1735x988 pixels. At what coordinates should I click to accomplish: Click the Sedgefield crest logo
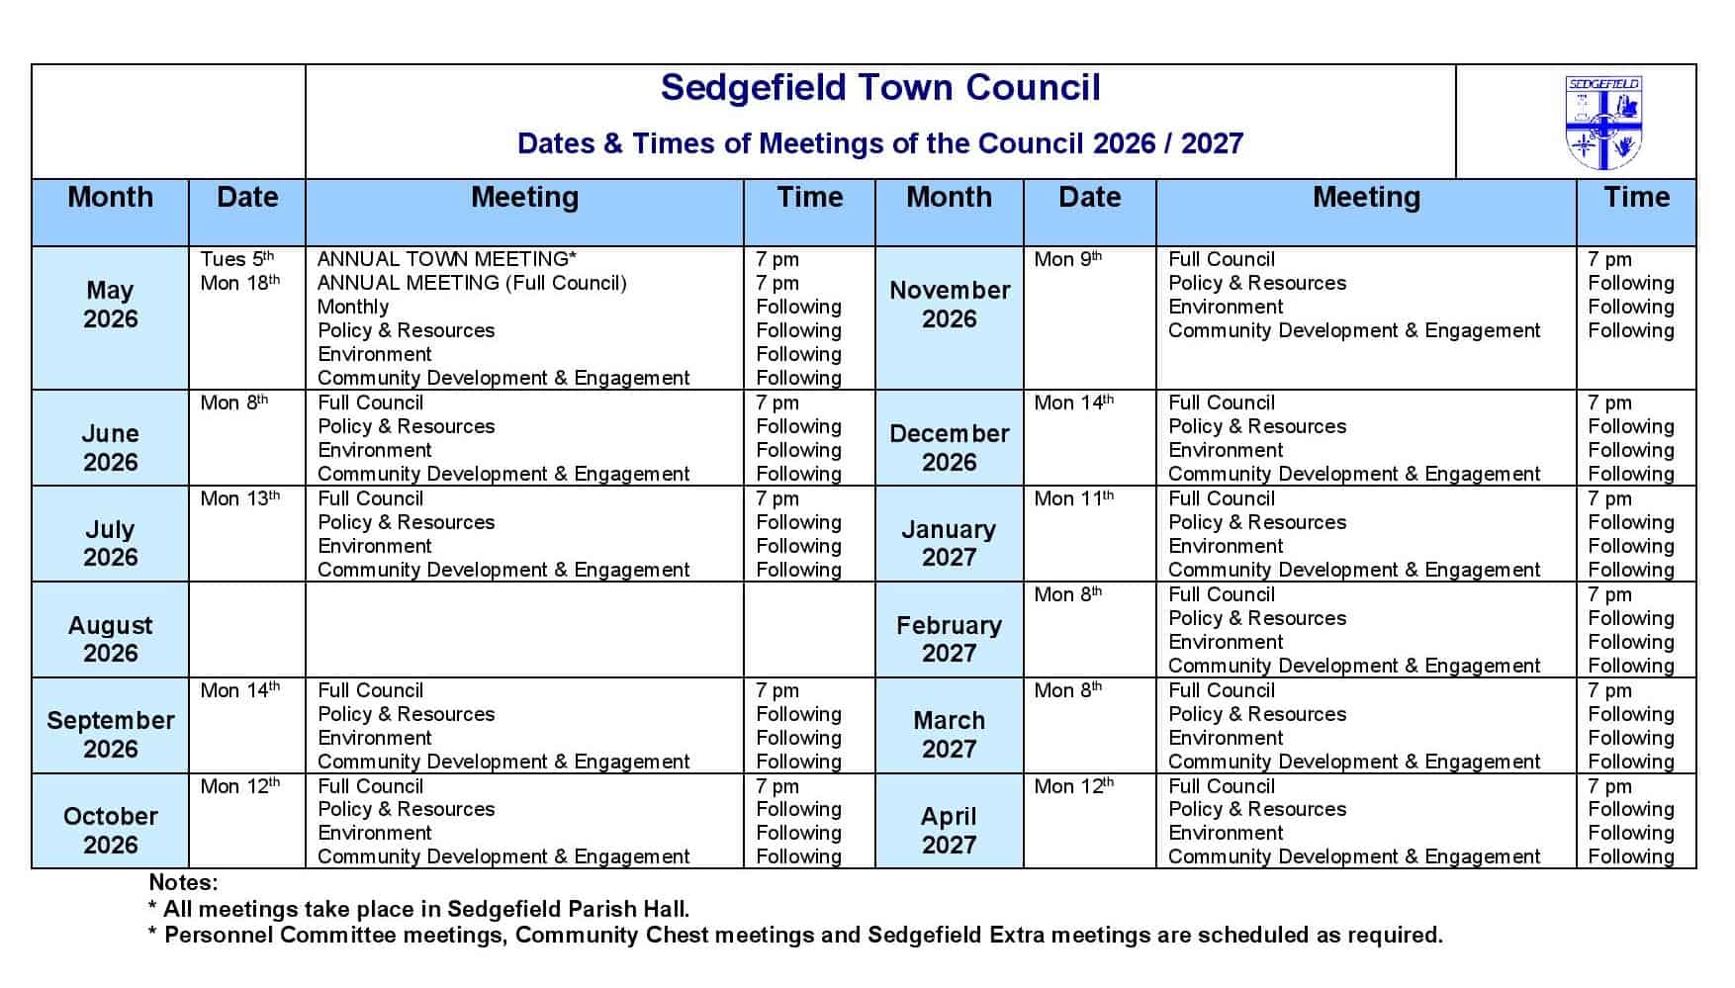[1602, 123]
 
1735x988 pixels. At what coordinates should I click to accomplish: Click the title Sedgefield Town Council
[879, 88]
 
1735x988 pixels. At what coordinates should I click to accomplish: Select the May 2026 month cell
[110, 305]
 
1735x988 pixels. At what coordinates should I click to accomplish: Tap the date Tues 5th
[236, 259]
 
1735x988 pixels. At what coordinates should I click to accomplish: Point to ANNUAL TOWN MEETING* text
[446, 259]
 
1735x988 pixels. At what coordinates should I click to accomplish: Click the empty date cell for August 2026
[246, 629]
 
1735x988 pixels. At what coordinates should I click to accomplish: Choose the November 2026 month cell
[949, 305]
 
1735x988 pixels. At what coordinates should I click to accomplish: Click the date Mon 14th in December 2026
[1073, 403]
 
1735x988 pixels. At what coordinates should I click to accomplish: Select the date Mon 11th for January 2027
[1073, 498]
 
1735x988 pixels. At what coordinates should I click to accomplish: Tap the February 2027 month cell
[949, 639]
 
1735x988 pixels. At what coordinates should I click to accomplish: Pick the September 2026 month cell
[110, 734]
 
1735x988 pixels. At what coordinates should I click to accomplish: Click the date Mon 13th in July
[239, 498]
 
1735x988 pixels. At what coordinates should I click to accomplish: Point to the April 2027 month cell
[949, 830]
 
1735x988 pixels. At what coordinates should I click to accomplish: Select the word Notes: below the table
[183, 882]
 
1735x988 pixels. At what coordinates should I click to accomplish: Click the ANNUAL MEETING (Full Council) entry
[472, 283]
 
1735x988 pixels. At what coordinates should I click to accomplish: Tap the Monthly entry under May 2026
[353, 307]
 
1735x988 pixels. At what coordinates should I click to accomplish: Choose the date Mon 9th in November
[1067, 259]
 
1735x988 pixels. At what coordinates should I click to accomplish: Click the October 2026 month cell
[110, 830]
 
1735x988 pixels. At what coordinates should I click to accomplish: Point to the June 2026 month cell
[110, 447]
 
